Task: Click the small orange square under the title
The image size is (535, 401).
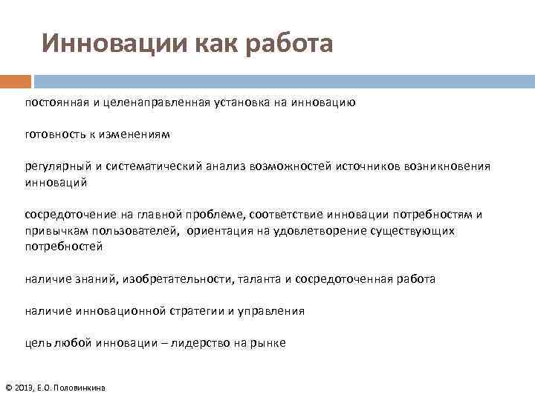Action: tap(16, 81)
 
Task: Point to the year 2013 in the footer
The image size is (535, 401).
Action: tap(25, 388)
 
